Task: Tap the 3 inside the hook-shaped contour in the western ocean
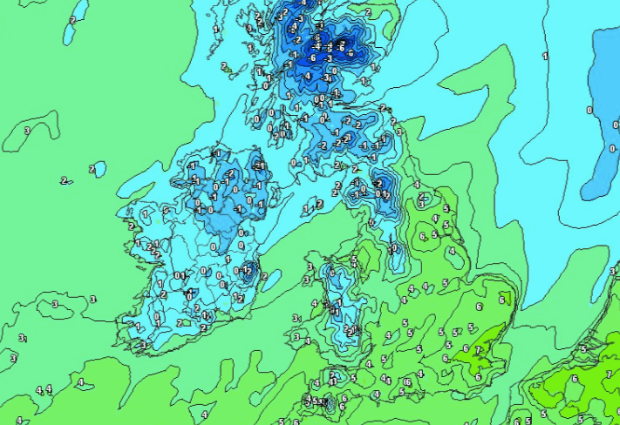pyautogui.click(x=27, y=131)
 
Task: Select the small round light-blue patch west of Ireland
pyautogui.click(x=99, y=168)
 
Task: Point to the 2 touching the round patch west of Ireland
pyautogui.click(x=91, y=168)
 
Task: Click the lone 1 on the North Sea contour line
pyautogui.click(x=546, y=56)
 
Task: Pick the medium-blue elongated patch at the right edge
pyautogui.click(x=601, y=113)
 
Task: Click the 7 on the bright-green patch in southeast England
pyautogui.click(x=478, y=350)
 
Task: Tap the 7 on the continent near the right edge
pyautogui.click(x=609, y=374)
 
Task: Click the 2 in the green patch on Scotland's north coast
pyautogui.click(x=367, y=13)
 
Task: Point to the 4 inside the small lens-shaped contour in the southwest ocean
pyautogui.click(x=80, y=382)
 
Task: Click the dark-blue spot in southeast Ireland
pyautogui.click(x=248, y=270)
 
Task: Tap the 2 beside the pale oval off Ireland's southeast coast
pyautogui.click(x=264, y=276)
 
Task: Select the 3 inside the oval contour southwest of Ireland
pyautogui.click(x=55, y=304)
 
